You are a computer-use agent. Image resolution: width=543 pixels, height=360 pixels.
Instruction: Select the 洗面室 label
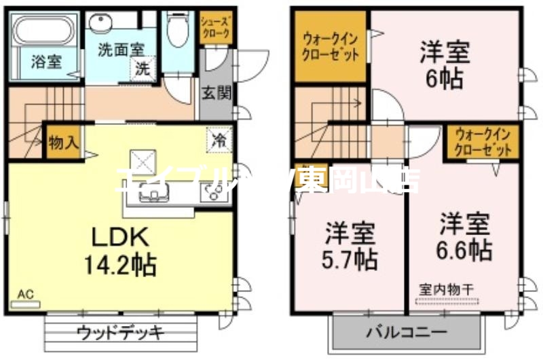coord(119,50)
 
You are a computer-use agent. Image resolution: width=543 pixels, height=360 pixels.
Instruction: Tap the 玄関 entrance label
coord(216,93)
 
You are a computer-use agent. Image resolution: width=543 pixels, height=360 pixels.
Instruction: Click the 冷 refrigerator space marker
coord(219,141)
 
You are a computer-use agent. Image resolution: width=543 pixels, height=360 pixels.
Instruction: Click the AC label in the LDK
coord(25,294)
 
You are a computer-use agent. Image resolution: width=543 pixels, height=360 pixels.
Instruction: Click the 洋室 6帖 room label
coord(445,65)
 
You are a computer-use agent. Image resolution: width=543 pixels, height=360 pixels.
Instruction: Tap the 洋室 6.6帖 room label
coord(464,236)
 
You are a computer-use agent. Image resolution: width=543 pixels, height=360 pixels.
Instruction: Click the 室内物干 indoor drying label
coord(445,289)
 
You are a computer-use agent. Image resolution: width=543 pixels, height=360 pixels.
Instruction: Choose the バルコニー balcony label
coord(407,333)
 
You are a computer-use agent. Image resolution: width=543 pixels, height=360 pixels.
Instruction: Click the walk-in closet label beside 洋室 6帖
coord(331,47)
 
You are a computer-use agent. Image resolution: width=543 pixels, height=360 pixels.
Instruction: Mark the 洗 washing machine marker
coord(143,68)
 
